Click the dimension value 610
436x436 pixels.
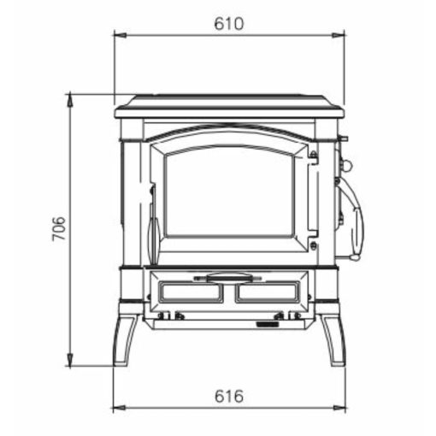click(229, 24)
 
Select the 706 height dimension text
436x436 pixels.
click(59, 228)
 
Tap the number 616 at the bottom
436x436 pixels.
click(229, 397)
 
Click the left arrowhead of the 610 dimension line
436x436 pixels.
click(120, 35)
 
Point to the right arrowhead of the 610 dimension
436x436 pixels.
click(339, 35)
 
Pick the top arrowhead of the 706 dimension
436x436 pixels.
click(70, 100)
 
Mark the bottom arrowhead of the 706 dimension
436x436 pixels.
click(70, 359)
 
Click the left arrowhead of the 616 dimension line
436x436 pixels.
click(120, 408)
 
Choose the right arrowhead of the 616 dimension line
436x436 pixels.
click(339, 408)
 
